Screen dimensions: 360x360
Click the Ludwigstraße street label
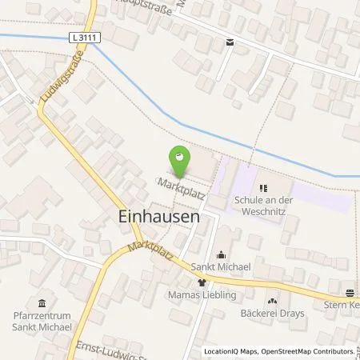pyautogui.click(x=54, y=78)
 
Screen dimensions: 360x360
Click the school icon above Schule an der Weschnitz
pyautogui.click(x=265, y=189)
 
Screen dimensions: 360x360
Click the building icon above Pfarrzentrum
pyautogui.click(x=42, y=302)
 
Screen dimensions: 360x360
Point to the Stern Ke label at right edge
pyautogui.click(x=342, y=305)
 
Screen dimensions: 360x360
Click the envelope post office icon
pyautogui.click(x=230, y=43)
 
